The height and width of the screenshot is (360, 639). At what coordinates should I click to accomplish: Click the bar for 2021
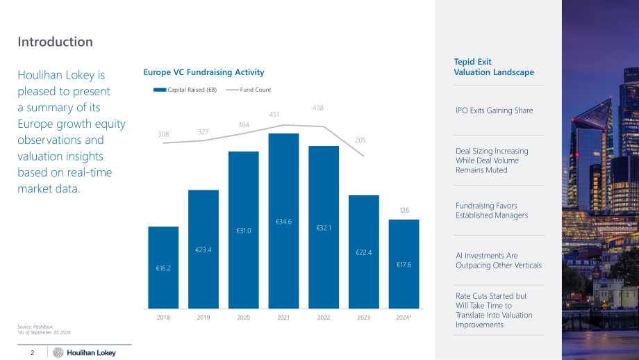[283, 220]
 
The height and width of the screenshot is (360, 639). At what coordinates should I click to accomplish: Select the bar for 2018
[163, 268]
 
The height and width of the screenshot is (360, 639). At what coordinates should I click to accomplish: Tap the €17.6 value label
[404, 265]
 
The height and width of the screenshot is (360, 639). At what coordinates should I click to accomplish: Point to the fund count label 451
[274, 115]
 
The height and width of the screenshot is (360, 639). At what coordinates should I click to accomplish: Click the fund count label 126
[404, 211]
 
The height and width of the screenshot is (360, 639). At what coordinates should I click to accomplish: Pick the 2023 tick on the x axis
[363, 317]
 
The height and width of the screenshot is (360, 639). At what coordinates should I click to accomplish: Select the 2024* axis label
[404, 317]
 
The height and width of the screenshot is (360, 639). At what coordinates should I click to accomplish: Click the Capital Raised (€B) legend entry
[185, 90]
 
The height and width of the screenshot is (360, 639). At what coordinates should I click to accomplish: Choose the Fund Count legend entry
[248, 90]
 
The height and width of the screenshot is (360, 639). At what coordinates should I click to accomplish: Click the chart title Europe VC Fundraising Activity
[204, 72]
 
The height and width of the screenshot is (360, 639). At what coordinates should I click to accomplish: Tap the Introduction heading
[55, 42]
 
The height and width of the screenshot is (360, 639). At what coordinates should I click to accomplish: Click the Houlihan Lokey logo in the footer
[84, 352]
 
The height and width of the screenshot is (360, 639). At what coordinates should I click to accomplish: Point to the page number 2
[33, 352]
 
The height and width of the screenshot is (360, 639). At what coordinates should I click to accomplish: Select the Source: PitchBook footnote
[35, 327]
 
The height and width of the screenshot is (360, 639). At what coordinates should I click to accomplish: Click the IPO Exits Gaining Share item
[495, 111]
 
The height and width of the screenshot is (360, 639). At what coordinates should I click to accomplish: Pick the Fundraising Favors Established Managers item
[492, 211]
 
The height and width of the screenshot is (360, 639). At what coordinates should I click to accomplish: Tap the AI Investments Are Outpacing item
[499, 260]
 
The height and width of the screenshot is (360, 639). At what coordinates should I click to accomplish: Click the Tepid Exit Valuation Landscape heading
[494, 67]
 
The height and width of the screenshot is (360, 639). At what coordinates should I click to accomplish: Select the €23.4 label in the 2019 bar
[204, 250]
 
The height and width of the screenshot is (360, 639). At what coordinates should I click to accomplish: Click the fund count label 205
[360, 140]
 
